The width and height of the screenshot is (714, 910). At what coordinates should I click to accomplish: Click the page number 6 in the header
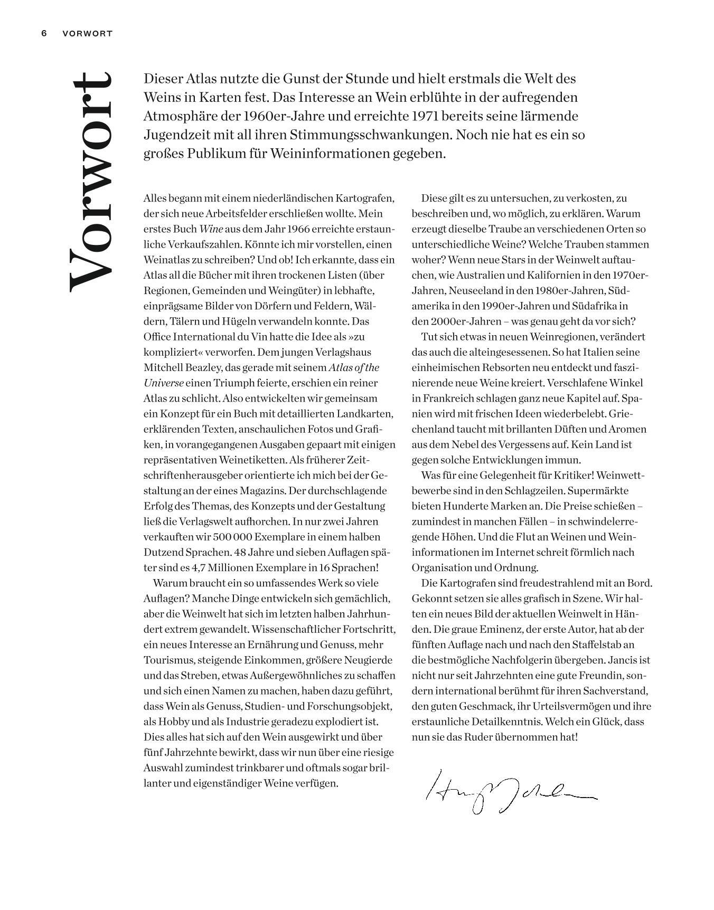44,33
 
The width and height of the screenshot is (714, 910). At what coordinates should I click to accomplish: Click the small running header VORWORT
87,33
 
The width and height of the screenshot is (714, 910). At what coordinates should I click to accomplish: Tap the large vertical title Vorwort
90,182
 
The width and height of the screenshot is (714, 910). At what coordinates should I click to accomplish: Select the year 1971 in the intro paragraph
426,116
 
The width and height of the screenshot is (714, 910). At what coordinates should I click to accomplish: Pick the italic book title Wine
211,229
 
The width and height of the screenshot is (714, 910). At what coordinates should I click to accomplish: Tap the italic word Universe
164,383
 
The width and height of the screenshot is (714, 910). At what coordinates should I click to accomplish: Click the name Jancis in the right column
623,660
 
